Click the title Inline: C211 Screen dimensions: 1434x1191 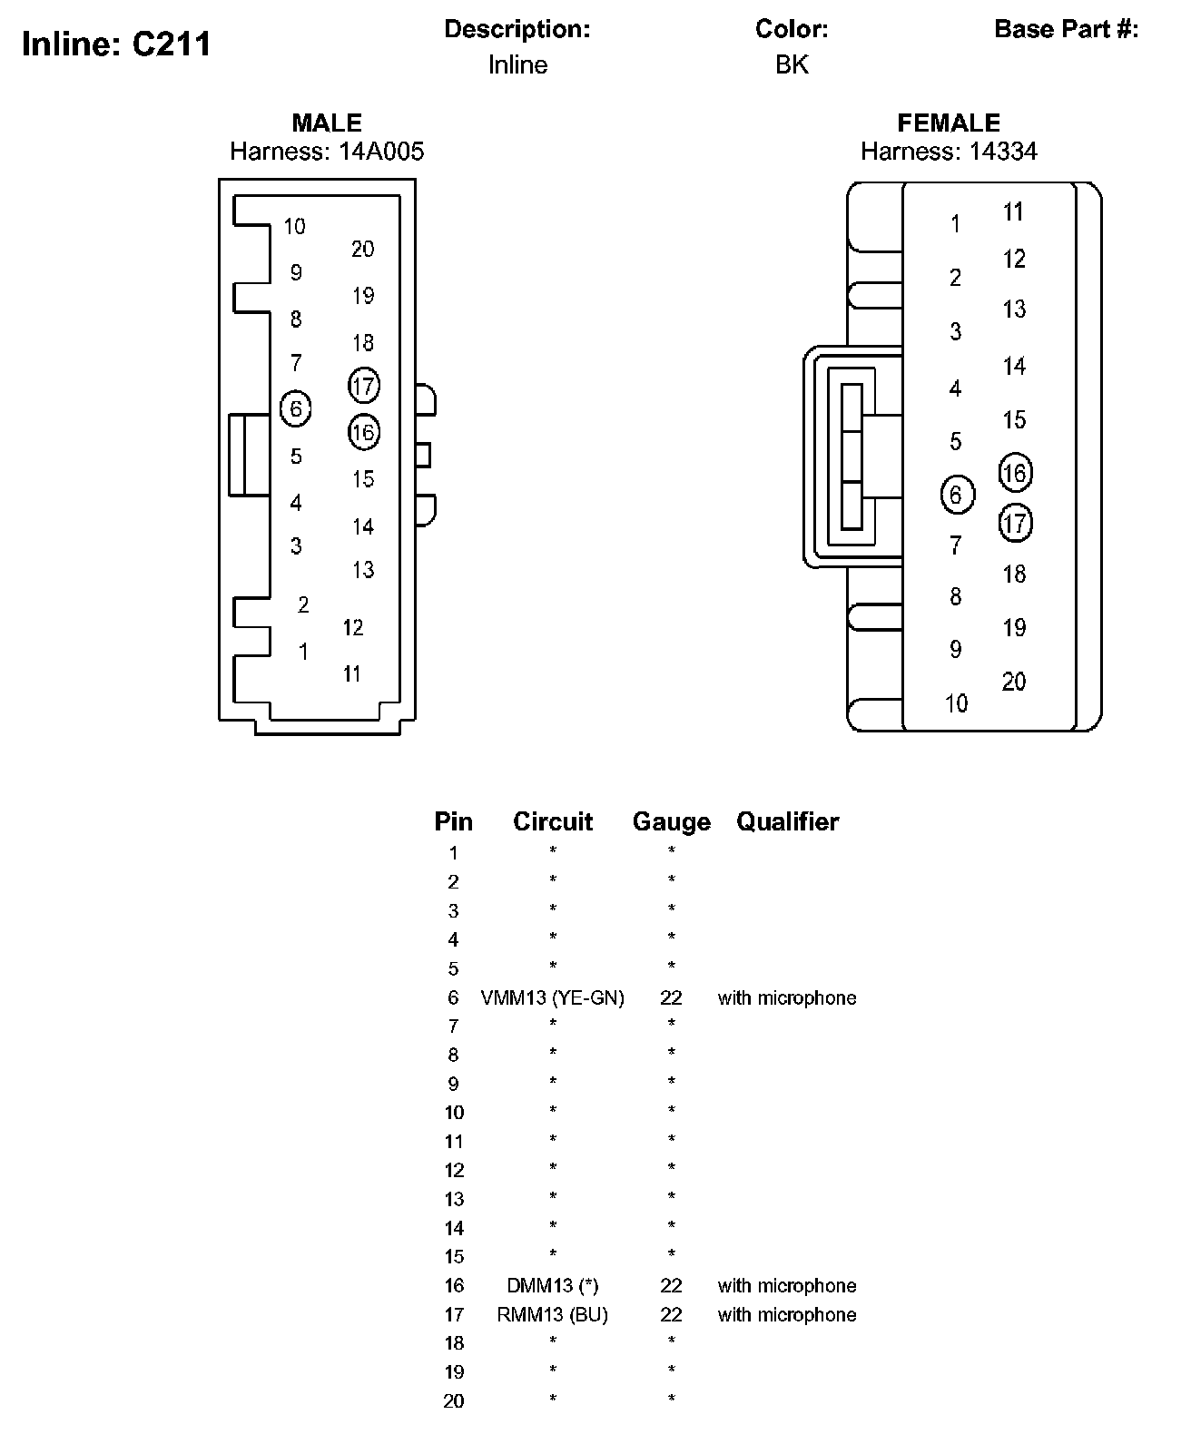click(116, 44)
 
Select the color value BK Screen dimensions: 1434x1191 click(792, 64)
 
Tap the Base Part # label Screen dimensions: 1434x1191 click(1066, 29)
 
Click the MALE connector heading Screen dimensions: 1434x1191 click(327, 123)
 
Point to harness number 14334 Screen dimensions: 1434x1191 click(1002, 151)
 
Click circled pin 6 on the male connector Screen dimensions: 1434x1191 click(296, 409)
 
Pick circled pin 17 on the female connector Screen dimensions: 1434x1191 click(1015, 524)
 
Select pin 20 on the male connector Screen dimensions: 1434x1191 click(362, 249)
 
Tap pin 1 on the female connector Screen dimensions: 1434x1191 click(955, 223)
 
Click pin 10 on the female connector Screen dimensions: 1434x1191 click(956, 703)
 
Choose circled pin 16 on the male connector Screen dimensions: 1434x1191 click(363, 432)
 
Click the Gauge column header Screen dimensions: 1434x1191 click(671, 821)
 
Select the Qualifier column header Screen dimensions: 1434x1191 click(787, 821)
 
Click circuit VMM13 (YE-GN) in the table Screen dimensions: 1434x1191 click(552, 997)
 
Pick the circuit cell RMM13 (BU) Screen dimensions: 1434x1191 click(552, 1314)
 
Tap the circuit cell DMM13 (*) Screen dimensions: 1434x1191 click(552, 1285)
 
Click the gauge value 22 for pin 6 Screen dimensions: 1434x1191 click(671, 997)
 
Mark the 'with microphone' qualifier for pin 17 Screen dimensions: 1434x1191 click(786, 1314)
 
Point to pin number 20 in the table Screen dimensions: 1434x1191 click(453, 1401)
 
